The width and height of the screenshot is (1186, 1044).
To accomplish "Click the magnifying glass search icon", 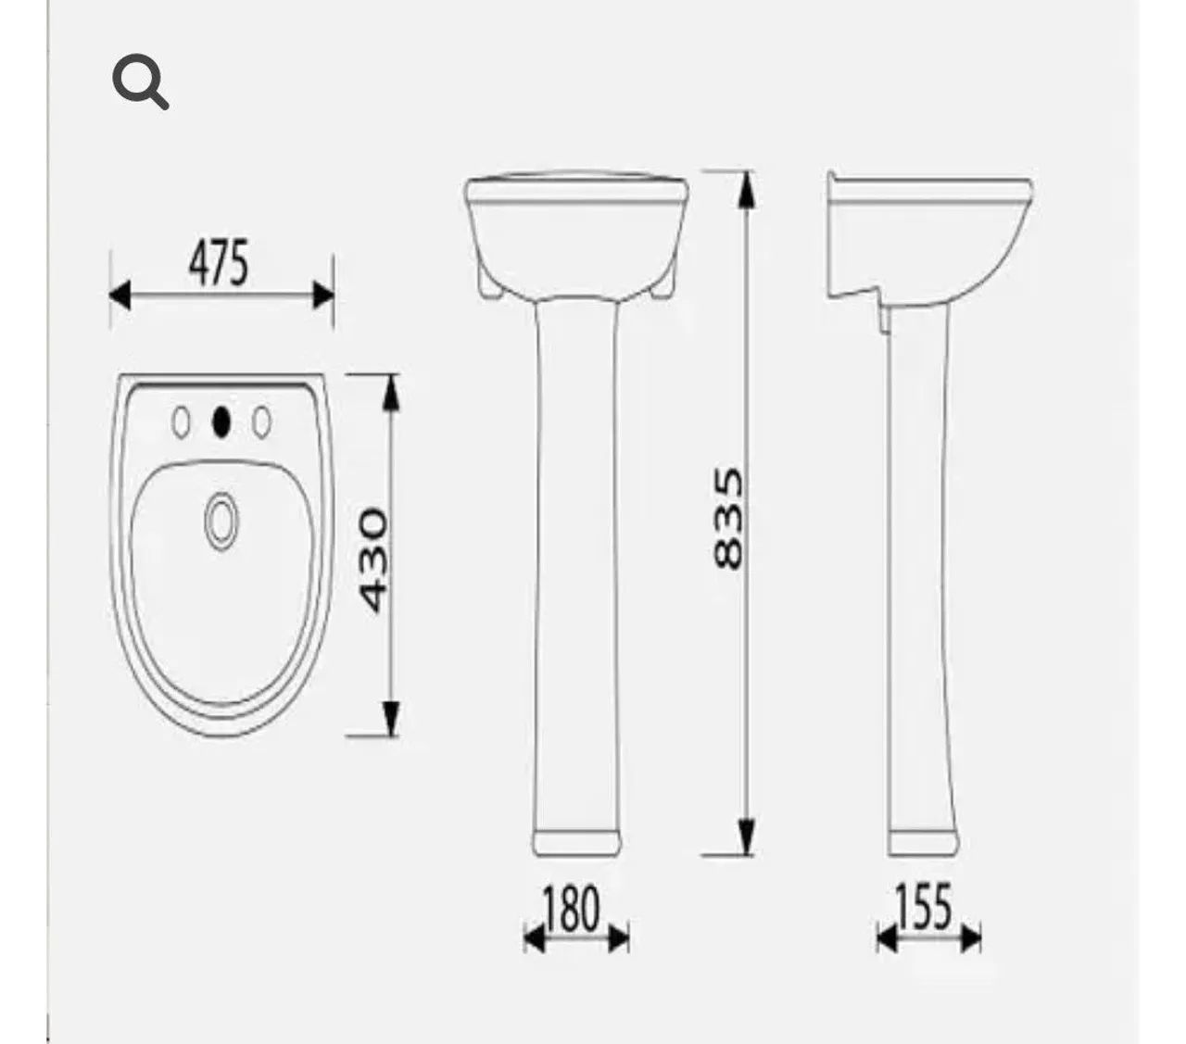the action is click(x=139, y=82).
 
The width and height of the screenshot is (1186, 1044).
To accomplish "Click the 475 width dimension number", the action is click(x=219, y=263).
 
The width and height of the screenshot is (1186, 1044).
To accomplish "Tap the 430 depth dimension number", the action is click(x=372, y=560).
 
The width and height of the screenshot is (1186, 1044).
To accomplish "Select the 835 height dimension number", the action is click(x=729, y=517).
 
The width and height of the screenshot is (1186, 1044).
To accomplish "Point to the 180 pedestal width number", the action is click(x=572, y=910).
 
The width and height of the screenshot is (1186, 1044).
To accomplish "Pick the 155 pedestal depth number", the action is click(x=924, y=907).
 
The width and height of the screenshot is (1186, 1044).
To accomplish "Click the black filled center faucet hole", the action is click(x=221, y=421).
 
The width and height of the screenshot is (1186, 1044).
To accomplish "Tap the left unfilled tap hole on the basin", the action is click(x=181, y=421).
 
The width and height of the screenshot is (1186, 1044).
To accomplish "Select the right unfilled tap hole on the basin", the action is click(x=261, y=421).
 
